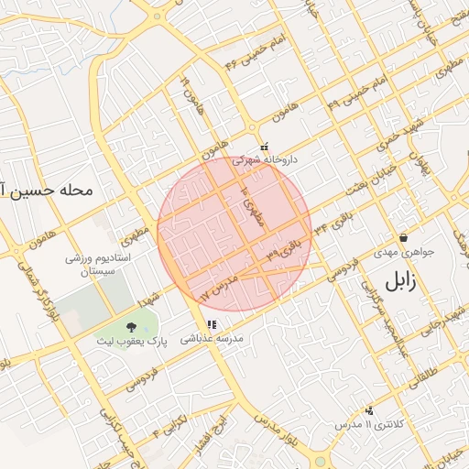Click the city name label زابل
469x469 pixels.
[x=400, y=280]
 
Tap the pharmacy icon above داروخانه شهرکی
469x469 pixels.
[x=265, y=146]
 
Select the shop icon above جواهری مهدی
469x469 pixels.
[x=403, y=237]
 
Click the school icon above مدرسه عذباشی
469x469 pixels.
[x=212, y=324]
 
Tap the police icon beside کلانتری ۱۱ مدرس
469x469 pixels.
[x=369, y=411]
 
